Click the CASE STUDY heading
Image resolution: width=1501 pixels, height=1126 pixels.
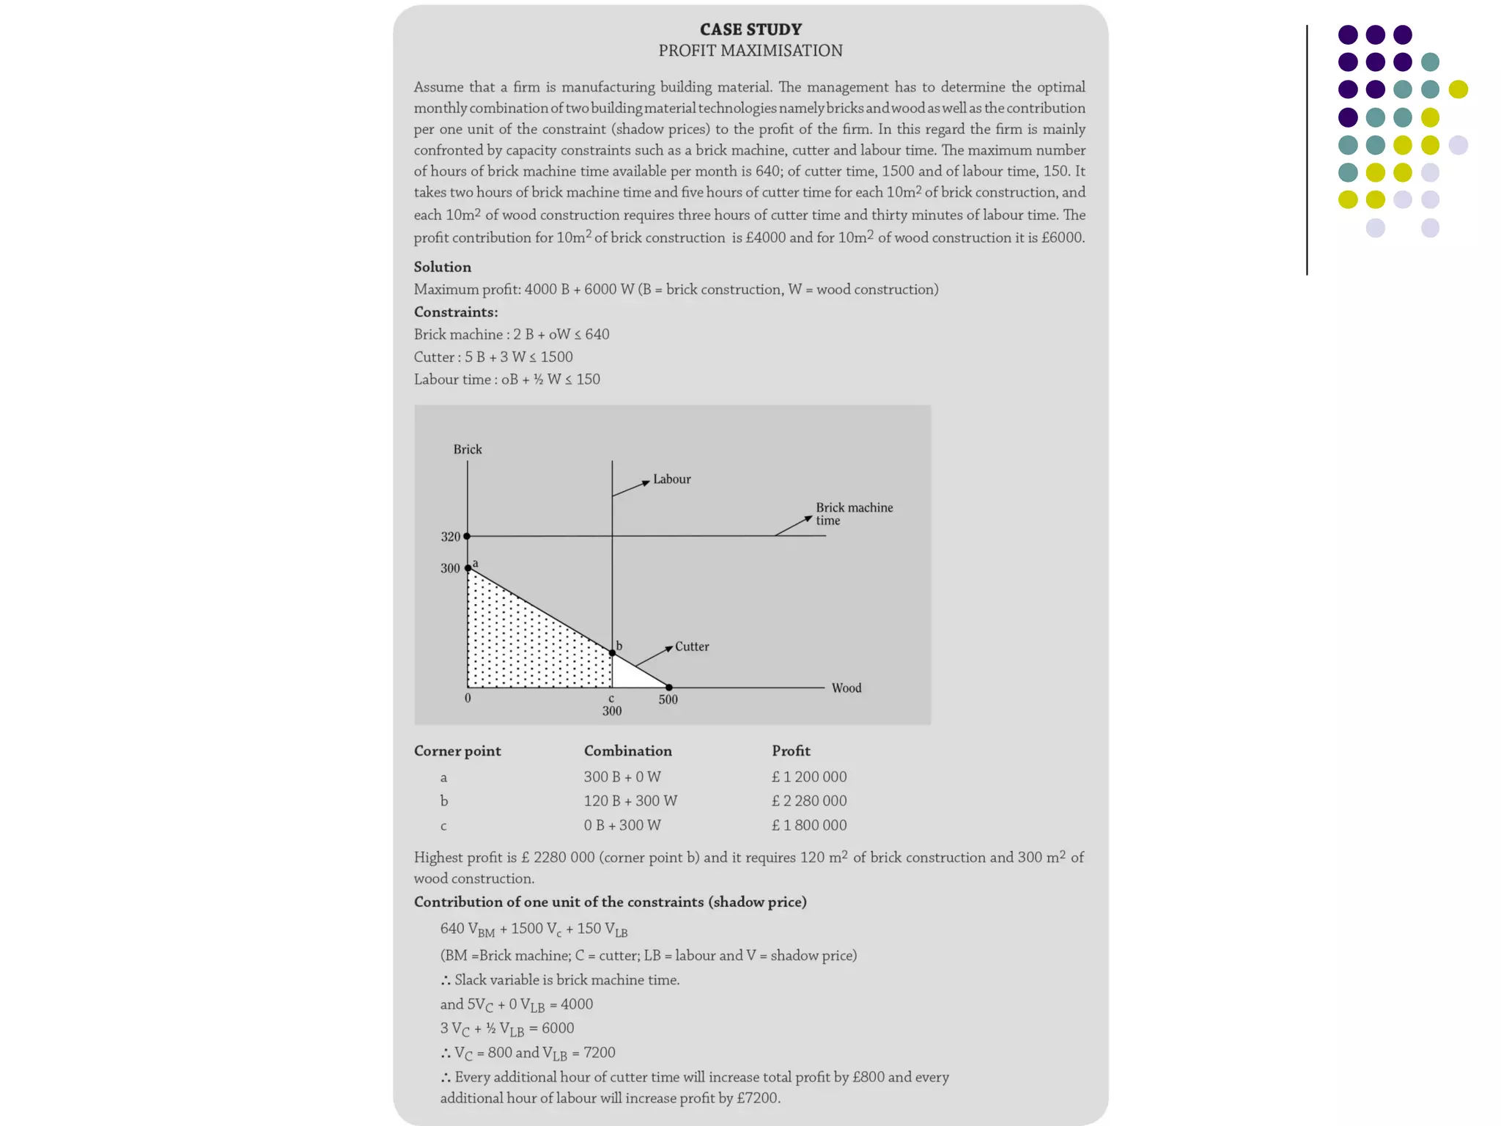pos(750,29)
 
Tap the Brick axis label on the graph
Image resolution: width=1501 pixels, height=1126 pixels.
pos(467,449)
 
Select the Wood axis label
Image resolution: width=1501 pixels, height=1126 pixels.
pos(846,688)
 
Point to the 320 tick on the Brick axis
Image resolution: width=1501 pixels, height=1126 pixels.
pos(450,537)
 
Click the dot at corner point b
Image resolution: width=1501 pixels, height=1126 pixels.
pos(613,652)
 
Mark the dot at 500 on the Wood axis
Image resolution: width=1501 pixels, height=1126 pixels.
pos(668,688)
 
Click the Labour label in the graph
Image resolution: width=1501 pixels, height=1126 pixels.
pos(671,479)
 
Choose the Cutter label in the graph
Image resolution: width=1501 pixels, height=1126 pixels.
pos(691,647)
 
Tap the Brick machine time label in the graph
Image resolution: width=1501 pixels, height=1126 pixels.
pos(854,514)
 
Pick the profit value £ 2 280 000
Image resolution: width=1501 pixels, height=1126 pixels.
pos(808,801)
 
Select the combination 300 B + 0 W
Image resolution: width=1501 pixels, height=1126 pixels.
pos(622,776)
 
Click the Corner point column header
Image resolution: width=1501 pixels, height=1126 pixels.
pos(457,751)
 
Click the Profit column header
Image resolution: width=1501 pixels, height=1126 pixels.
pos(791,751)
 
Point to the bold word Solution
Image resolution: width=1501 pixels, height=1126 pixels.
pos(442,267)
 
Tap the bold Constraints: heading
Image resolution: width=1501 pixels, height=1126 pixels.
pos(455,312)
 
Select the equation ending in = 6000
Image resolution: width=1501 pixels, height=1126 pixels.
pos(506,1029)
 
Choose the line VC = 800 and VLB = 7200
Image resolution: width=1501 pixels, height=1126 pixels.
pos(528,1053)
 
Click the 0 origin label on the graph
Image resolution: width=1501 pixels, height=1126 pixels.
pos(468,698)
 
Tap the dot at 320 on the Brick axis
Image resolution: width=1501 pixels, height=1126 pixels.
pos(467,536)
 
